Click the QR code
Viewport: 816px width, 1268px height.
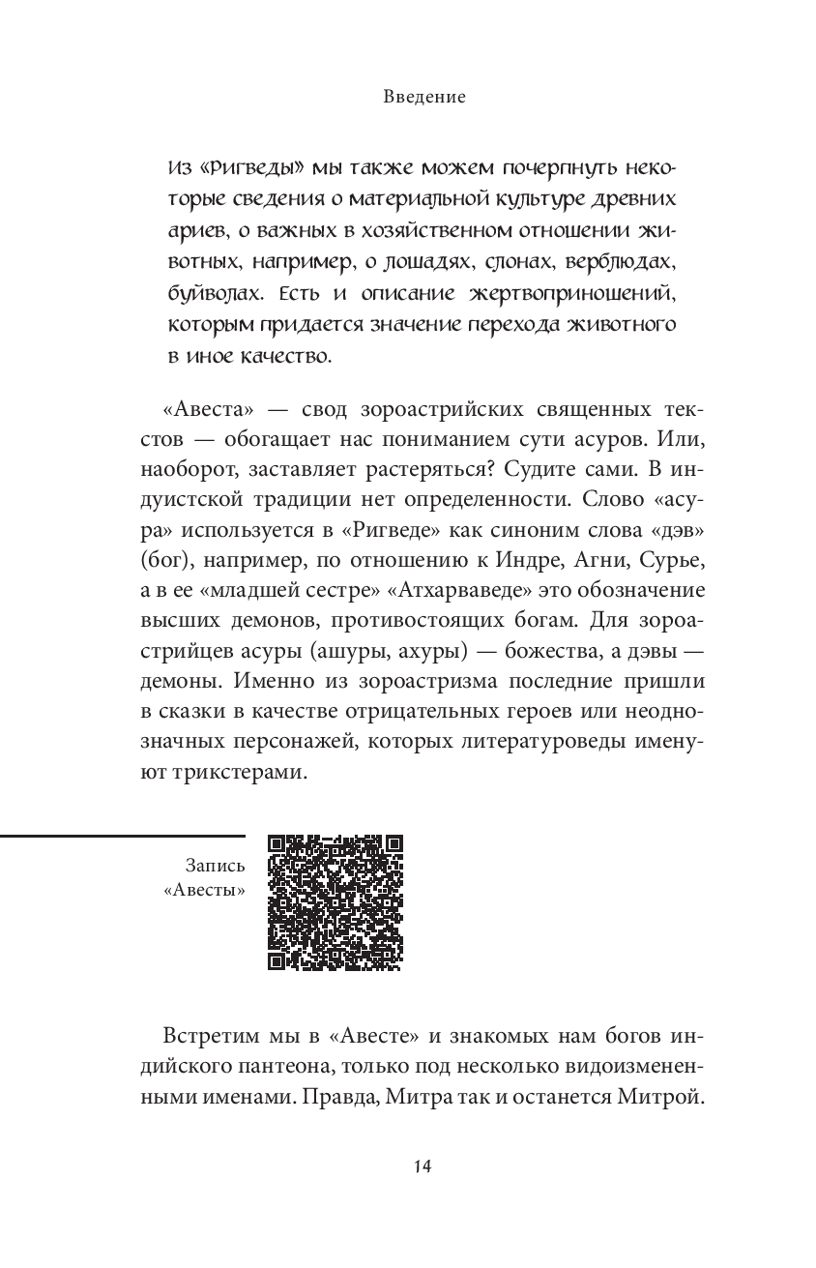coord(335,901)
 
